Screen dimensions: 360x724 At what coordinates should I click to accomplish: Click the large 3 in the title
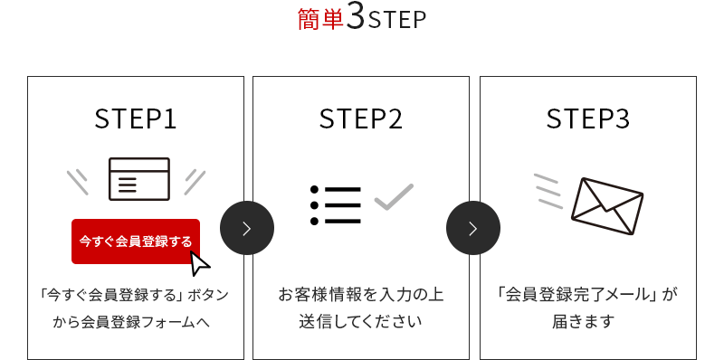click(356, 19)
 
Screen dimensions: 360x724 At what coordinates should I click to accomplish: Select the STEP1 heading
click(136, 119)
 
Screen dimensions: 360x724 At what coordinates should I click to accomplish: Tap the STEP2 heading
click(361, 119)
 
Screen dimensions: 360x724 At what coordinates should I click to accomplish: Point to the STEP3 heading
click(588, 119)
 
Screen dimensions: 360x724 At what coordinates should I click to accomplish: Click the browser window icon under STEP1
click(138, 178)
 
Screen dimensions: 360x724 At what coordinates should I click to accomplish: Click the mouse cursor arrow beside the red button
click(200, 262)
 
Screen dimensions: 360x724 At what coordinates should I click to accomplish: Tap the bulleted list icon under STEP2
click(336, 205)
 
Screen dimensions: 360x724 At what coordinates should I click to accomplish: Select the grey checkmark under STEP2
click(394, 196)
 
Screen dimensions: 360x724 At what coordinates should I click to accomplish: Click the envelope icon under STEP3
click(606, 204)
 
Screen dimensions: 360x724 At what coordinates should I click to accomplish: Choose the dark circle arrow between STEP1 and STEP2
click(247, 228)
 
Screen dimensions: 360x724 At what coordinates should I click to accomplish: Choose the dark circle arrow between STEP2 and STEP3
click(473, 228)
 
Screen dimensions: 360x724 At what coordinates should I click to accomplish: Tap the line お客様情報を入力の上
click(361, 295)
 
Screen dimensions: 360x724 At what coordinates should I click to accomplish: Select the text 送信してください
click(361, 321)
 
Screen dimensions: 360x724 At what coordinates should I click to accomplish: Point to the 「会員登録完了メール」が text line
click(587, 295)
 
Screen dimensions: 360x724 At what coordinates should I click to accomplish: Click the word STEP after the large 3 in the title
click(397, 21)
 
